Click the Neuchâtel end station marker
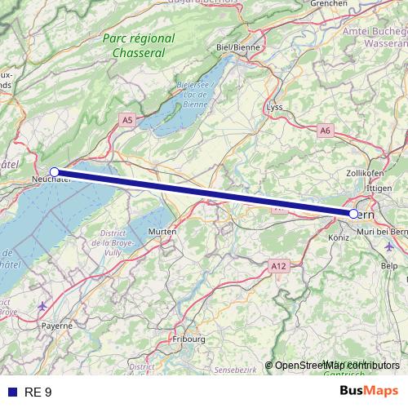pos(55,172)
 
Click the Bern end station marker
pos(353,214)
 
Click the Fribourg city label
pos(188,338)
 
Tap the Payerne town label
pos(57,325)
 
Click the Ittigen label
pos(379,188)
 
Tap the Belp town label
pos(389,266)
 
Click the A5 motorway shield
pos(126,120)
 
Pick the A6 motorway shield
pos(326,131)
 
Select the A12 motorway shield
pos(279,265)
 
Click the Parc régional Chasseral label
pos(140,46)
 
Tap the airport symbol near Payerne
pos(42,306)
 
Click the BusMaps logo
pos(368,392)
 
